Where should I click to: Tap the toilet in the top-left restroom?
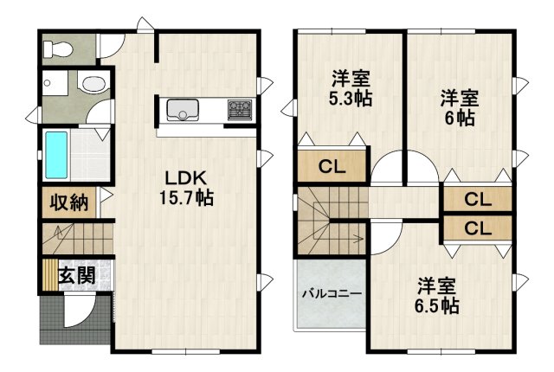[61, 48]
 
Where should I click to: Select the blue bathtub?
[56, 153]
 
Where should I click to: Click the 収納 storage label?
[68, 202]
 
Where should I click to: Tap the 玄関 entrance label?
[76, 277]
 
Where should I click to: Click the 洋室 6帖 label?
[460, 106]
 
